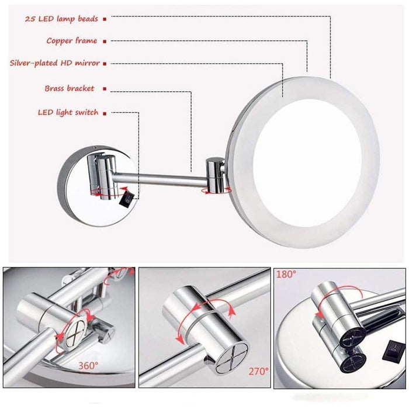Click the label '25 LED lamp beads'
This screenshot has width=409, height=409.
pyautogui.click(x=61, y=19)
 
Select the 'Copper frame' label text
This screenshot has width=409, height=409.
pyautogui.click(x=72, y=41)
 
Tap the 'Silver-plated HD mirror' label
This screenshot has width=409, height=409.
pyautogui.click(x=55, y=63)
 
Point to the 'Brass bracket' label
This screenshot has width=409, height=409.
pyautogui.click(x=69, y=89)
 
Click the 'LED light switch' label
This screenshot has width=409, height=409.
pyautogui.click(x=68, y=112)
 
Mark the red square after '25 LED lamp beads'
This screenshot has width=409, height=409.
pyautogui.click(x=104, y=19)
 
